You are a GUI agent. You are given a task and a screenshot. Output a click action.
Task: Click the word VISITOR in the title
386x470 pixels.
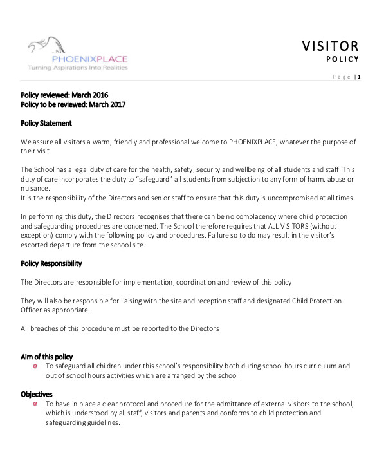(330, 46)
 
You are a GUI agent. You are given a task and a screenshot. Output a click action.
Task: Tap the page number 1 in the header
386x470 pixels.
(359, 77)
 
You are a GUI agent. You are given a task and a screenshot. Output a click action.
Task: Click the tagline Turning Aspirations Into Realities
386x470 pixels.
(77, 67)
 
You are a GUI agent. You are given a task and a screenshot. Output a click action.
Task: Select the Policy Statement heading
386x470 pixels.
(46, 123)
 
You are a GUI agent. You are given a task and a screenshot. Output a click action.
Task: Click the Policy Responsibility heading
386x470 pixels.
(51, 264)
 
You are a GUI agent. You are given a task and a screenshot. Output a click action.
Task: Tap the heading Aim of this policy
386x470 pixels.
(46, 357)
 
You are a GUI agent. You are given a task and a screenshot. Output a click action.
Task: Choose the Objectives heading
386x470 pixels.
(37, 394)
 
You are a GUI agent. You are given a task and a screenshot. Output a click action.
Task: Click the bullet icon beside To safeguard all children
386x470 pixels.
(35, 366)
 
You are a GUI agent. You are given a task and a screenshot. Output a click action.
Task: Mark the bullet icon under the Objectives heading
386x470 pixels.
(35, 404)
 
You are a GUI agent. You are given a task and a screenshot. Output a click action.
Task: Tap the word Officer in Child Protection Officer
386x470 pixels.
(33, 310)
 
